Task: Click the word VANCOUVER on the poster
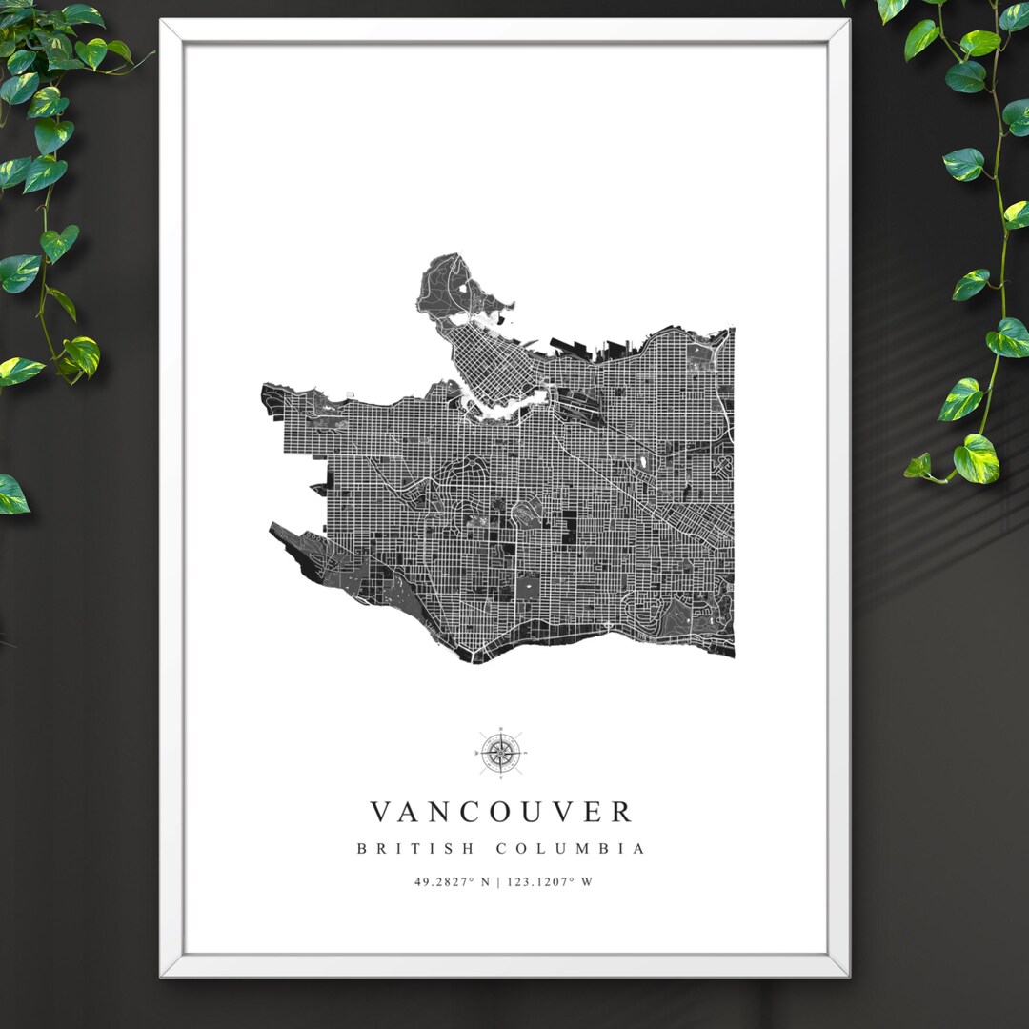click(x=501, y=812)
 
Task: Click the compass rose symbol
click(x=499, y=753)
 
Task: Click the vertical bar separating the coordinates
click(x=497, y=881)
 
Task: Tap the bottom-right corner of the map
click(x=732, y=655)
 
